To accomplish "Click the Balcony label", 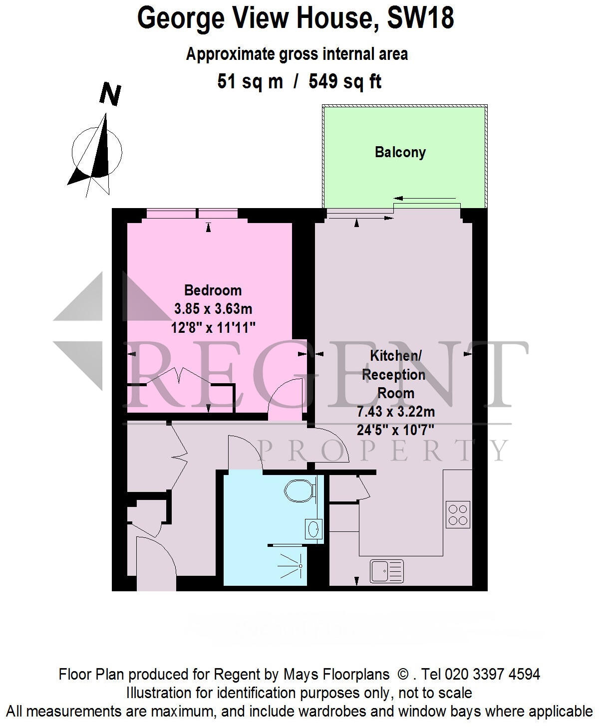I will tap(400, 152).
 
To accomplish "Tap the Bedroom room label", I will tap(213, 290).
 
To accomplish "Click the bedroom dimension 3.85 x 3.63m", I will tap(213, 309).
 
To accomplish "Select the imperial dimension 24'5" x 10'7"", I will tap(395, 430).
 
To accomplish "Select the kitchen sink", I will tap(387, 571).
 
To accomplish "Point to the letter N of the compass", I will tap(110, 95).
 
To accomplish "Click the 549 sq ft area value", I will tap(345, 81).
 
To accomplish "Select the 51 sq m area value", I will tap(250, 81).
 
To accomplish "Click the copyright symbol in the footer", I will tap(403, 675).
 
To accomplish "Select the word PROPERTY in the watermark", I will tap(384, 450).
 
